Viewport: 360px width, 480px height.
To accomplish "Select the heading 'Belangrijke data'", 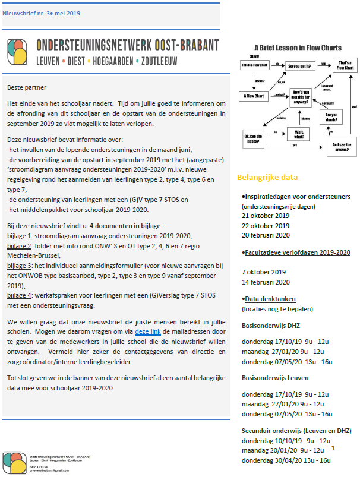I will [267, 177].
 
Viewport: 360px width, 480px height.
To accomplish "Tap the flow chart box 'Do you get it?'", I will [299, 65].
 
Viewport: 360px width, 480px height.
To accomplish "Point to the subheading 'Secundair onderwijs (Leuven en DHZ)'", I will [296, 431].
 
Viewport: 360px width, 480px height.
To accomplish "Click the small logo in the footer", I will [15, 463].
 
